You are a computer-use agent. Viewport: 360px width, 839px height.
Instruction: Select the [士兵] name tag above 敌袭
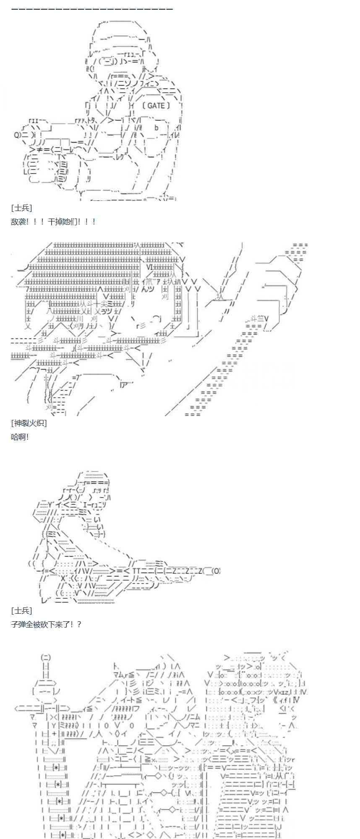tap(21, 208)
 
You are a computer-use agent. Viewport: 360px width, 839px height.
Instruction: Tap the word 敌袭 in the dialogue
tap(18, 221)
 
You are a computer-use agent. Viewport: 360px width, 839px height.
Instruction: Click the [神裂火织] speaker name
tap(29, 423)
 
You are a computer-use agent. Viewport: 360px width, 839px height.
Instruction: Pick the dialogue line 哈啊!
tap(20, 437)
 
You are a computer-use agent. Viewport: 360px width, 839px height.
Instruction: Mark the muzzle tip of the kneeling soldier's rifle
tap(216, 571)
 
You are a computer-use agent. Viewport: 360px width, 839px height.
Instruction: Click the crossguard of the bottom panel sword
tap(46, 709)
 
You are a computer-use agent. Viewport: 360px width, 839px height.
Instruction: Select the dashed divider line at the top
tap(92, 8)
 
